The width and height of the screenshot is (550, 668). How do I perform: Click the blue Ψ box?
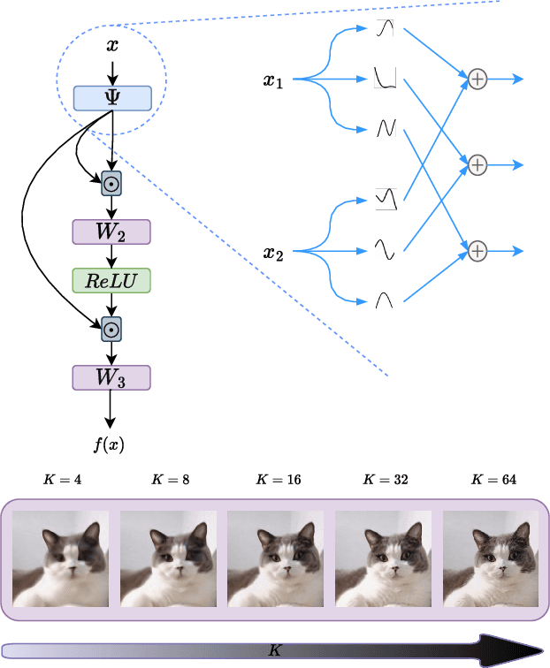point(112,98)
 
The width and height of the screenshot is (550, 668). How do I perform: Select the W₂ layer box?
point(111,232)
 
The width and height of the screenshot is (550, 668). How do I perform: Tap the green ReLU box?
point(111,281)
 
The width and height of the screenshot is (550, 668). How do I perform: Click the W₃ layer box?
point(111,377)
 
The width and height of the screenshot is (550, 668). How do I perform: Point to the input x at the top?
point(112,43)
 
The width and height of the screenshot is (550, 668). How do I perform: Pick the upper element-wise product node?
point(111,184)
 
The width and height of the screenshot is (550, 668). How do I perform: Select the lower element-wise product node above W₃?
point(111,329)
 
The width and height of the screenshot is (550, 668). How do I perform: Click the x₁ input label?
point(274,80)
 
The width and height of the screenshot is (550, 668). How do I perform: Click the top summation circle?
point(477,80)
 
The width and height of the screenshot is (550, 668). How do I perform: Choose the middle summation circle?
point(477,164)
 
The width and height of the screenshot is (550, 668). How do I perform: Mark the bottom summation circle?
point(477,251)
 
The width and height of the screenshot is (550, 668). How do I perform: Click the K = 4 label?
point(61,480)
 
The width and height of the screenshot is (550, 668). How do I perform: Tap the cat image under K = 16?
point(276,558)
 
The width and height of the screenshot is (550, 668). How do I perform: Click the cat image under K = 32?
point(384,558)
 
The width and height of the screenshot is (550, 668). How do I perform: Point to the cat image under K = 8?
point(168,558)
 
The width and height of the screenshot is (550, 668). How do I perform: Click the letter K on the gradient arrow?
point(274,649)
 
